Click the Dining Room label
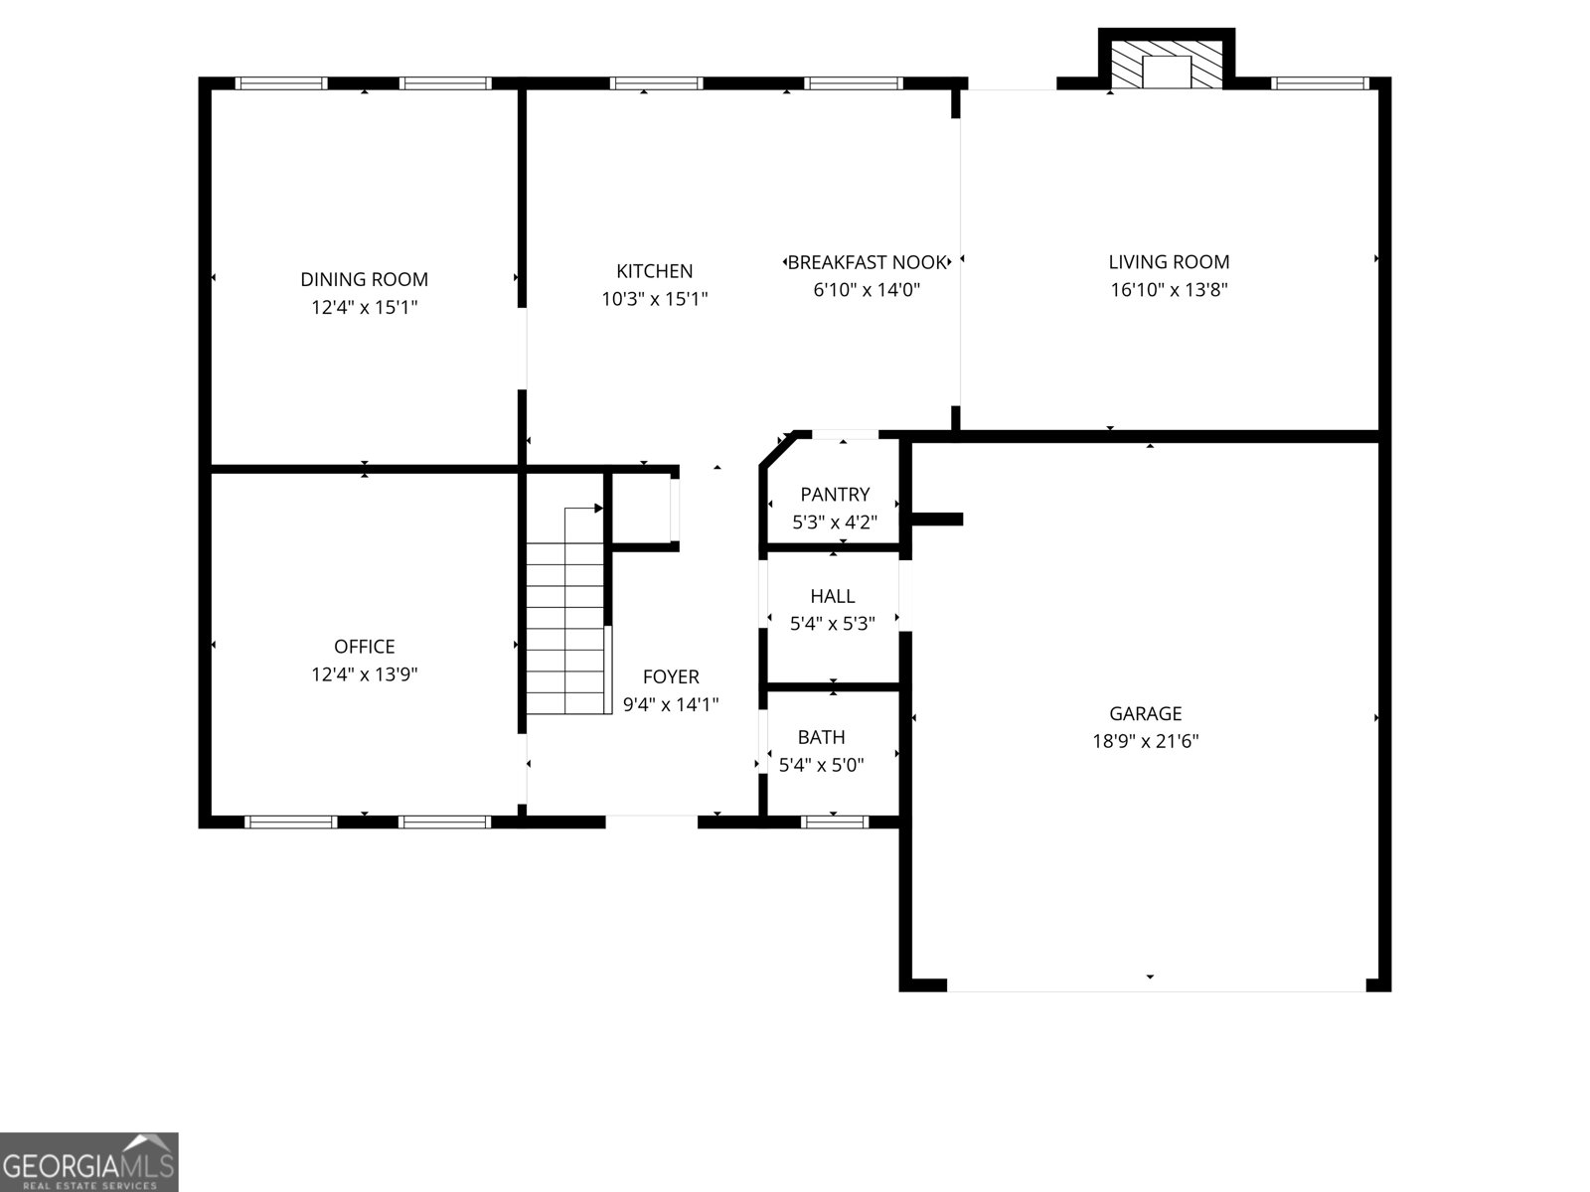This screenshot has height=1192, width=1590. tap(364, 280)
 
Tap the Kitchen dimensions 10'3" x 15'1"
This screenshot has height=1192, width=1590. tap(654, 299)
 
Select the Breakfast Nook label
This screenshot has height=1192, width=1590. tap(867, 262)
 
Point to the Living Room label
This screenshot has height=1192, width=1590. tap(1169, 262)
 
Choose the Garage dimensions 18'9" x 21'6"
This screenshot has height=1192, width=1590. tap(1145, 741)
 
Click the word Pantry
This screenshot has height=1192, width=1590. tap(835, 495)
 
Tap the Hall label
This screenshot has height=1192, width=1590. tap(832, 596)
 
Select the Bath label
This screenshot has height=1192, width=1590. tap(821, 737)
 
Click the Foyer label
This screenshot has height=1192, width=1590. tap(671, 677)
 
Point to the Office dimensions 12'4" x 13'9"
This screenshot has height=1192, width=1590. tap(364, 674)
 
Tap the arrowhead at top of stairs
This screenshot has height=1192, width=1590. tap(598, 509)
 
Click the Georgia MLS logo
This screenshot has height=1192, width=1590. tap(89, 1161)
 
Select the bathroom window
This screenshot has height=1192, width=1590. tap(835, 821)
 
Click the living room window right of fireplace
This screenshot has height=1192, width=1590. tap(1320, 83)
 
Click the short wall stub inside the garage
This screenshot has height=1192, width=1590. tap(937, 519)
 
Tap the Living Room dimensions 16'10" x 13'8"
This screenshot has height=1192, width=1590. tap(1169, 290)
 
